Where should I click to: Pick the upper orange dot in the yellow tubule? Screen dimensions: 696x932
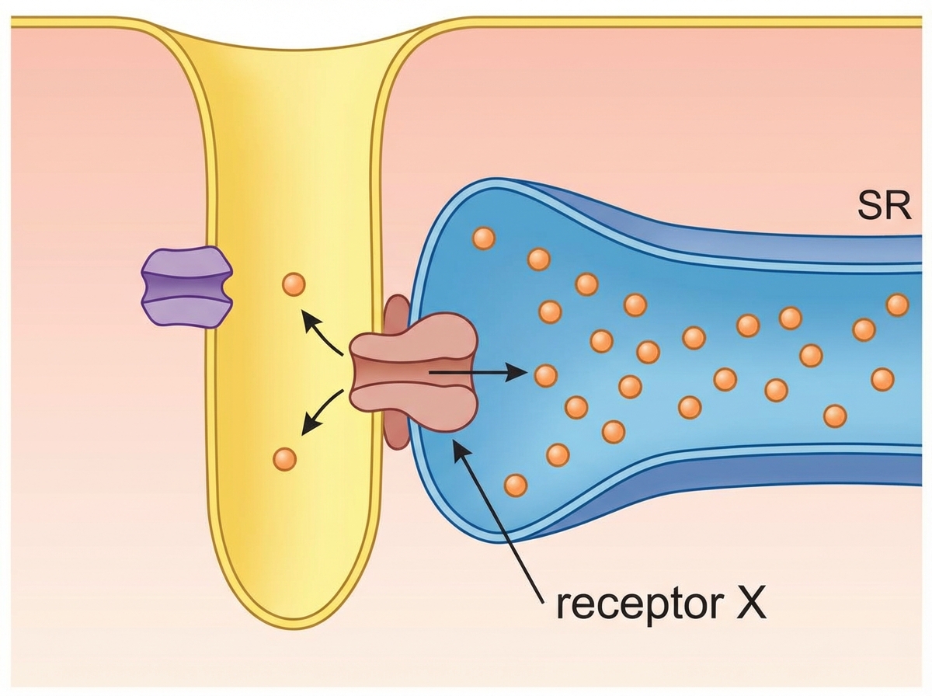click(x=294, y=284)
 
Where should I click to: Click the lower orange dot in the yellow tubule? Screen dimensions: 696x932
click(x=285, y=458)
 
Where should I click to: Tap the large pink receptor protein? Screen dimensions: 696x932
click(x=412, y=371)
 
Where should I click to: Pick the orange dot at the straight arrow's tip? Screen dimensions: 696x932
click(x=546, y=376)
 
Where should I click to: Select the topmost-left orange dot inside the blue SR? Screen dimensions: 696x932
click(x=483, y=238)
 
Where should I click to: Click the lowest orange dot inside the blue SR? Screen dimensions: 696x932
click(x=515, y=485)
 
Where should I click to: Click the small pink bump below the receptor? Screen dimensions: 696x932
click(x=397, y=433)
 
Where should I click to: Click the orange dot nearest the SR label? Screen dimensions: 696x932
click(x=897, y=304)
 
